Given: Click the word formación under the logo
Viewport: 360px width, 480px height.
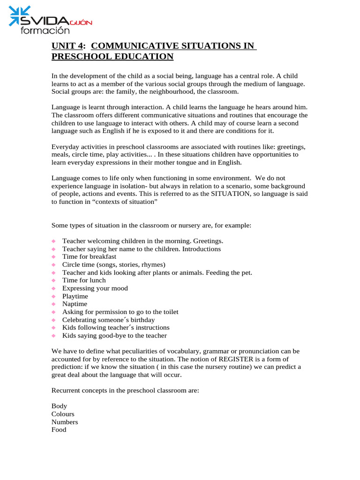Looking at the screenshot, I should pyautogui.click(x=45, y=30).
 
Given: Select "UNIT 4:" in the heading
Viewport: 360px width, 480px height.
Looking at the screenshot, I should pyautogui.click(x=69, y=46).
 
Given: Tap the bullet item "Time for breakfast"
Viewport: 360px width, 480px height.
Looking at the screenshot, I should pyautogui.click(x=89, y=257).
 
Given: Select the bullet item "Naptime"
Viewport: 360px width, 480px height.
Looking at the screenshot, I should pyautogui.click(x=75, y=304).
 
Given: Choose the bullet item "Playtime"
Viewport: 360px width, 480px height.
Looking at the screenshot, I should pyautogui.click(x=75, y=296).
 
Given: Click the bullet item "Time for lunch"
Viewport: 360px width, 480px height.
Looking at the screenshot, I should pyautogui.click(x=84, y=280).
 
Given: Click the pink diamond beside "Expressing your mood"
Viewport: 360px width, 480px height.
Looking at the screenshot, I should pyautogui.click(x=54, y=289).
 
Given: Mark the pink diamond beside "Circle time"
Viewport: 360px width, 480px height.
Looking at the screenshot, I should pyautogui.click(x=54, y=265).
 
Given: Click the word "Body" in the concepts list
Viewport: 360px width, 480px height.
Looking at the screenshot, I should pyautogui.click(x=59, y=406).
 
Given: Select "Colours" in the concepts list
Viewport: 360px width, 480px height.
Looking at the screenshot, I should pyautogui.click(x=63, y=414).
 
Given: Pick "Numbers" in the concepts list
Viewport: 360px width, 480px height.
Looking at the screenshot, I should pyautogui.click(x=65, y=422).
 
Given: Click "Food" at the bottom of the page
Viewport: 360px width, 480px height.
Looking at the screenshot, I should pyautogui.click(x=59, y=430).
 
